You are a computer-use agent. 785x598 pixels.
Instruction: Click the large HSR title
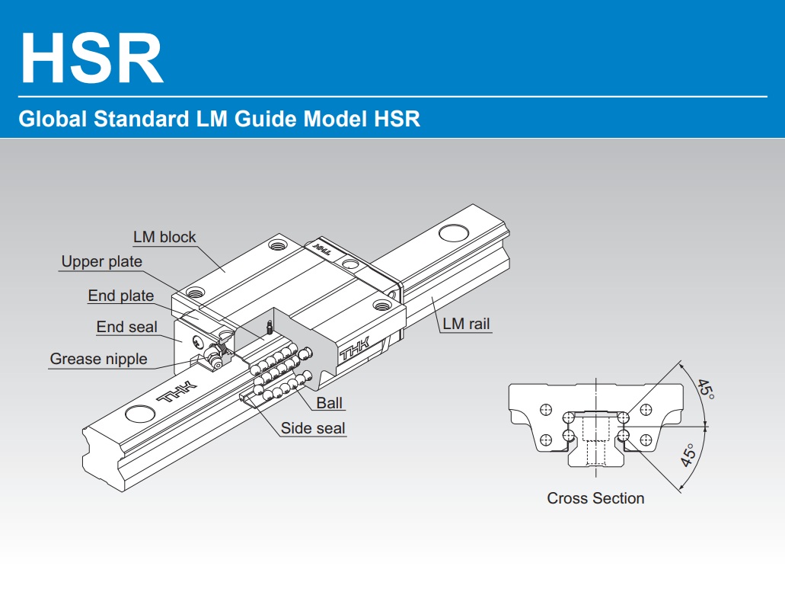(x=91, y=59)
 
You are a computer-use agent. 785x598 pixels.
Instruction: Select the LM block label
(x=164, y=237)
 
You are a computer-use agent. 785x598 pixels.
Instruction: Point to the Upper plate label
(x=101, y=262)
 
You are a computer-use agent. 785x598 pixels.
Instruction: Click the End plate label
(x=120, y=296)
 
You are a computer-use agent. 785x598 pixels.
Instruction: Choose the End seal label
(x=126, y=327)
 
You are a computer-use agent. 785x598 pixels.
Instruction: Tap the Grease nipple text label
(x=98, y=359)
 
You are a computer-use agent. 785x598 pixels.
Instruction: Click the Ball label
(x=330, y=402)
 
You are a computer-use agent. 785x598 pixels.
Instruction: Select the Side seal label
(x=313, y=428)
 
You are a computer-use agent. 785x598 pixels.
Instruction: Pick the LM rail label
(x=467, y=325)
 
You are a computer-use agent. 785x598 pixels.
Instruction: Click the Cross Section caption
(x=595, y=498)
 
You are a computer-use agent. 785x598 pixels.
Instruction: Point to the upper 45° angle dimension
(x=706, y=390)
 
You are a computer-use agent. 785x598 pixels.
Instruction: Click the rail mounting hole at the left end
(x=139, y=414)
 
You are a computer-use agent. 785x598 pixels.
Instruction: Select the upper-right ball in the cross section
(x=624, y=417)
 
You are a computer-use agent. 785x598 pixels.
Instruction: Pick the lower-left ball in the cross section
(x=568, y=435)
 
